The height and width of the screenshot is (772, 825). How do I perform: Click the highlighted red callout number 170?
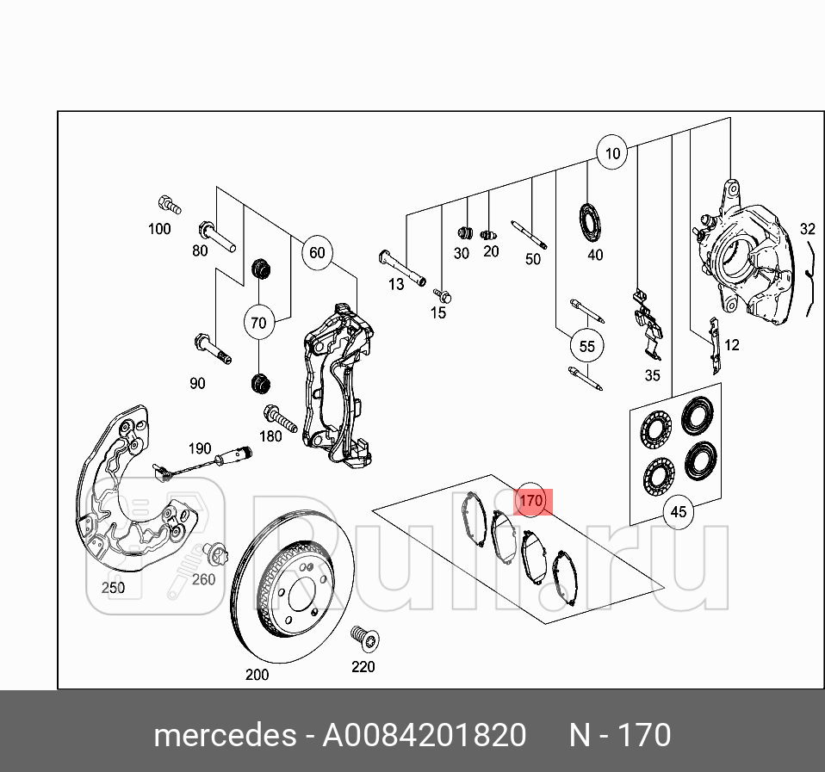[x=531, y=500]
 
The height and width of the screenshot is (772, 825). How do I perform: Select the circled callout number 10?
[x=611, y=154]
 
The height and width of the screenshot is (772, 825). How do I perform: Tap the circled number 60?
[x=317, y=252]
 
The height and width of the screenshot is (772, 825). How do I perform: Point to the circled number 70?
[x=258, y=324]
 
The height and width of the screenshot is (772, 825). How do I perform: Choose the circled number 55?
[x=586, y=347]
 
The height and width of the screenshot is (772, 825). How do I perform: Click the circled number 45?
[x=679, y=512]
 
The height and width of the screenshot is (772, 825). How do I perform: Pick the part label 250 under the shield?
[x=113, y=588]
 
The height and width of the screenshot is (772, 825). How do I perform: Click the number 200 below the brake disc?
[x=257, y=675]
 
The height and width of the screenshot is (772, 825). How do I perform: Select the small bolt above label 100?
[x=168, y=205]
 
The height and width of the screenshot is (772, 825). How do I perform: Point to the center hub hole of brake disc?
[x=302, y=595]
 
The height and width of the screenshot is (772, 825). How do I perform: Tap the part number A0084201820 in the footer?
[x=424, y=736]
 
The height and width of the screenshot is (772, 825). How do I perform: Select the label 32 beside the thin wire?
[x=807, y=229]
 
